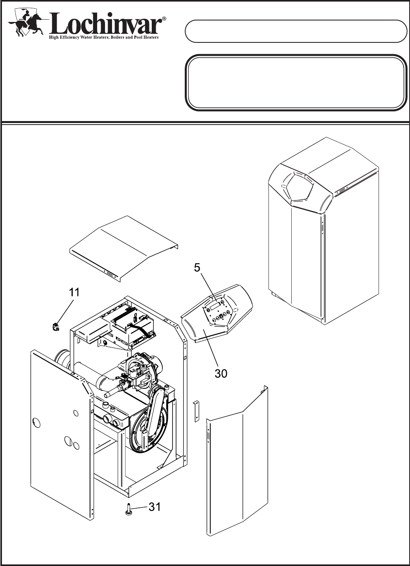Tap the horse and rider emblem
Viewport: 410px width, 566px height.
(26, 24)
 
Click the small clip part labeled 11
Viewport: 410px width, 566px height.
(55, 326)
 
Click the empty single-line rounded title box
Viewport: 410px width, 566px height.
(296, 31)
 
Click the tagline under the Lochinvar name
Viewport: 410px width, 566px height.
(103, 38)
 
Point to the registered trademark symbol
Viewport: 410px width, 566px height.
(164, 18)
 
